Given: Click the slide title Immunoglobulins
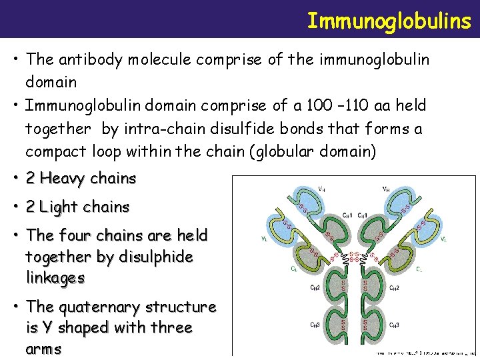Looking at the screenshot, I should pos(389,21).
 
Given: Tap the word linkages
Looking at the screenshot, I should pos(55,277).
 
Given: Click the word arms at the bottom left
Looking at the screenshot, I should pos(43,349).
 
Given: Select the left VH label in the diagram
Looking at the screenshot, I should pos(304,189).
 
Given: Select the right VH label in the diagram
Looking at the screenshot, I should pos(385,189).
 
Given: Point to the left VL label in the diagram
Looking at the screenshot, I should pos(266,237).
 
